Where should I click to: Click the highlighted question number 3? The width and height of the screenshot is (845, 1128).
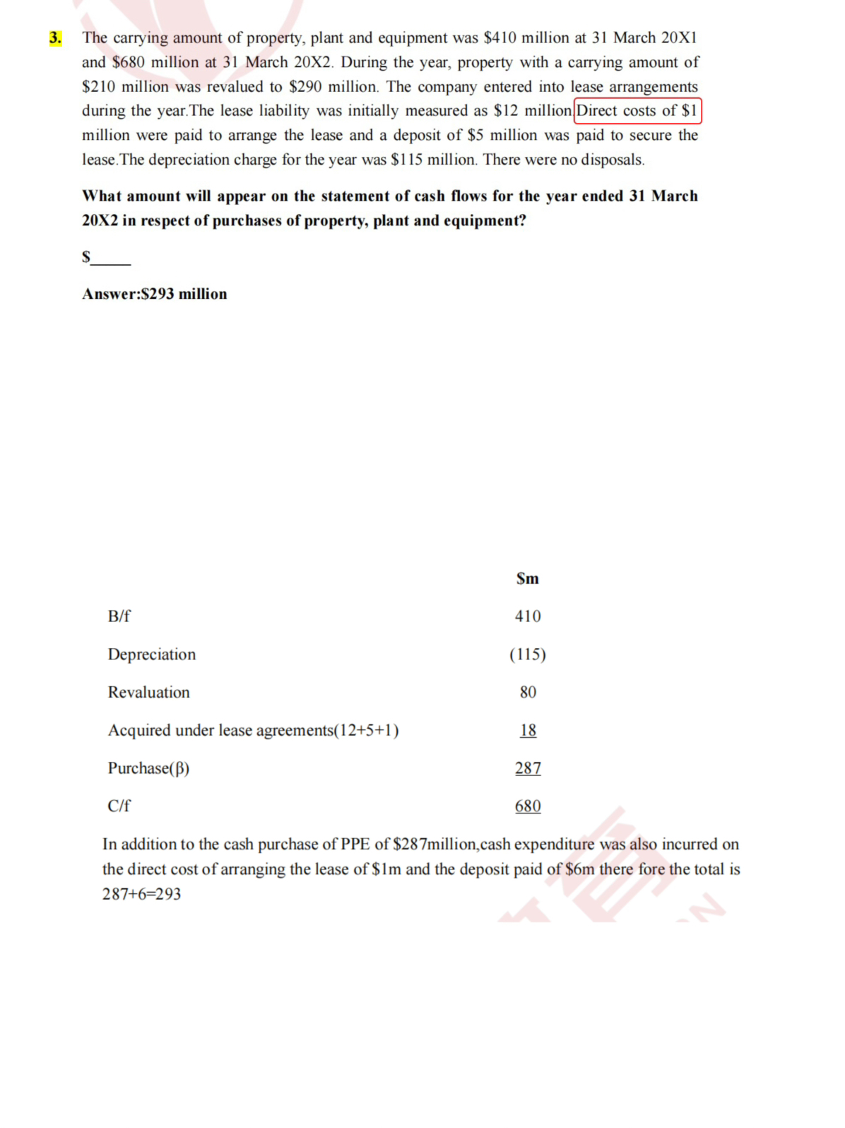point(55,38)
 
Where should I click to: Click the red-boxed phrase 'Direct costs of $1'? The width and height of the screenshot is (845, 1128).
point(638,111)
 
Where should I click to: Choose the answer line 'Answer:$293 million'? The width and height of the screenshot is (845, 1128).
point(155,294)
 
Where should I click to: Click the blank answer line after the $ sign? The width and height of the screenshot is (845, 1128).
point(112,259)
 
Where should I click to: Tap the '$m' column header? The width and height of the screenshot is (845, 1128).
point(528,579)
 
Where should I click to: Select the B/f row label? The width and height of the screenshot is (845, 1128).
point(119,616)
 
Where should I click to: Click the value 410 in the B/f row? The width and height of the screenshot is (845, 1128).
point(528,616)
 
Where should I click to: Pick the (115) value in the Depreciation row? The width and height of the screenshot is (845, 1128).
point(528,654)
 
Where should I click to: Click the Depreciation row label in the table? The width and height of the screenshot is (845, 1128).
point(152,654)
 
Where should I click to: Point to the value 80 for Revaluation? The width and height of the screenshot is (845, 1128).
point(528,693)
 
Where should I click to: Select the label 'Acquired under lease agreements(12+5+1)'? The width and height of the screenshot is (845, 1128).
point(253,730)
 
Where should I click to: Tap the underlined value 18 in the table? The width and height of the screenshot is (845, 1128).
point(528,730)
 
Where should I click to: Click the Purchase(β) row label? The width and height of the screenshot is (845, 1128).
point(148,768)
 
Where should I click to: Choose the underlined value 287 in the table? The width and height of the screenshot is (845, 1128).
point(528,768)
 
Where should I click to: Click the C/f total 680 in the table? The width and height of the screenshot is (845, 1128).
point(528,806)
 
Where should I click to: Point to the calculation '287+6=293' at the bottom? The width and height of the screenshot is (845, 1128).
point(141,894)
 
